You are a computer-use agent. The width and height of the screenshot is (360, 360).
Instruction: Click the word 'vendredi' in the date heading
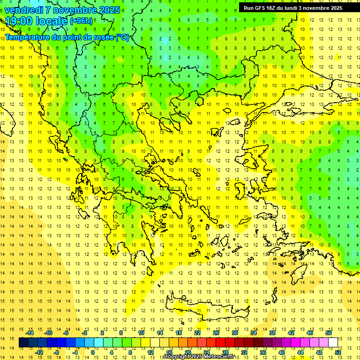tap(24, 10)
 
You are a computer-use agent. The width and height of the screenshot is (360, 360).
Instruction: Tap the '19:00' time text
tap(21, 21)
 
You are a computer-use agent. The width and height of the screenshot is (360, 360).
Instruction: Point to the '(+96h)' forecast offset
tap(81, 21)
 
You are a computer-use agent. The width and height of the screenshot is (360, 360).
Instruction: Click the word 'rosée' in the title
tap(102, 37)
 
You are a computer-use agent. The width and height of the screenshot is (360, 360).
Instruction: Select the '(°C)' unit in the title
tap(122, 37)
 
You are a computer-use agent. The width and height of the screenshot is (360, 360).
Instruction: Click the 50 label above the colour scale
tap(329, 333)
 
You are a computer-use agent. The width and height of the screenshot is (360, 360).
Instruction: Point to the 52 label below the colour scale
tap(338, 352)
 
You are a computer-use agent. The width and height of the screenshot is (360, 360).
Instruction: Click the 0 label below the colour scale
tap(92, 352)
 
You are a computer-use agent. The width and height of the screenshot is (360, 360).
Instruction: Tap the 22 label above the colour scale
tap(197, 333)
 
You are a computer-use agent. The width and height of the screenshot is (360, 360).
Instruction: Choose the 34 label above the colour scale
tap(254, 333)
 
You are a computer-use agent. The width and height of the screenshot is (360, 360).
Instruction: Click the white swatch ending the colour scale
tap(333, 343)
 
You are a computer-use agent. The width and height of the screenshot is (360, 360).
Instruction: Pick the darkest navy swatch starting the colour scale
tap(24, 343)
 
